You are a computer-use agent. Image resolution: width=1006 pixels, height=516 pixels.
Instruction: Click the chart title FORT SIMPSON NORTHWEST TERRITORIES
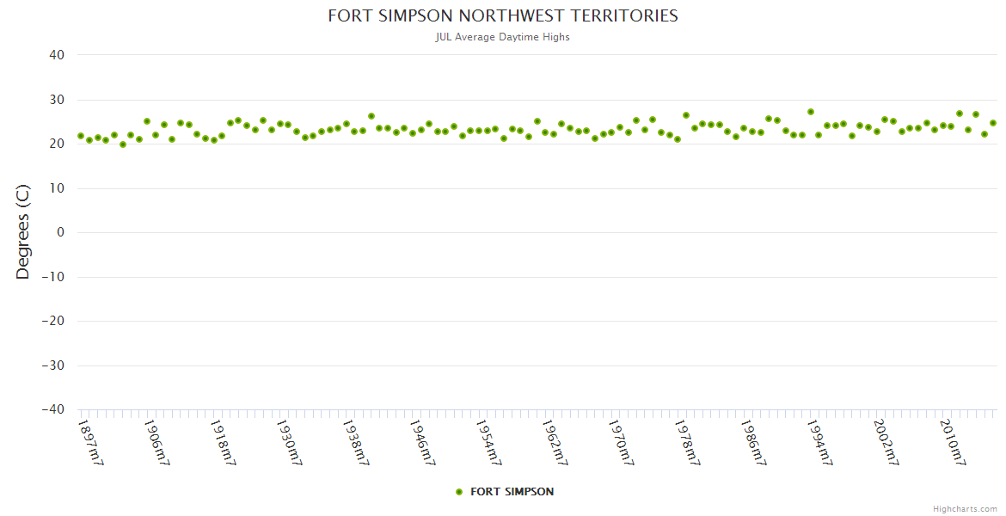click(x=503, y=16)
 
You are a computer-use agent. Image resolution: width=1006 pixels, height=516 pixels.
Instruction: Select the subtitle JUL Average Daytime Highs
click(x=503, y=37)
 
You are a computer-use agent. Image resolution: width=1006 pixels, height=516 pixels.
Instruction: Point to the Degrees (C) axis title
click(x=23, y=232)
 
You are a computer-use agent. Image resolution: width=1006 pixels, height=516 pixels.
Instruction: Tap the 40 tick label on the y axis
click(x=57, y=55)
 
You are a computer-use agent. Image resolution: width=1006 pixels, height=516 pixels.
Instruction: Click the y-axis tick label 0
click(x=61, y=232)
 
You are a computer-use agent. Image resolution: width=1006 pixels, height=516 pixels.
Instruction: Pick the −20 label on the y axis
click(x=53, y=321)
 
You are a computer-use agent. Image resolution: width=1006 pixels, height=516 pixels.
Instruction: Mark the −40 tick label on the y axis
click(x=53, y=409)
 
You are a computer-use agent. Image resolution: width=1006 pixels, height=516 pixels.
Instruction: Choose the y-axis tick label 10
click(x=57, y=188)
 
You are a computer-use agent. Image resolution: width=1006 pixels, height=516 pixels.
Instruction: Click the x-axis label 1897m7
click(x=90, y=442)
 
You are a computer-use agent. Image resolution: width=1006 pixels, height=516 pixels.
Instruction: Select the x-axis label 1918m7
click(x=223, y=442)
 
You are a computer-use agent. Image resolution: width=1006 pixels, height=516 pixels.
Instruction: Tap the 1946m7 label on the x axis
click(x=422, y=442)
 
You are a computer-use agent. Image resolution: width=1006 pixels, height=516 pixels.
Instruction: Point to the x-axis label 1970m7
click(x=621, y=442)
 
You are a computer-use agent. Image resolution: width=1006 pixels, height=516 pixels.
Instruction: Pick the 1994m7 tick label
click(x=819, y=442)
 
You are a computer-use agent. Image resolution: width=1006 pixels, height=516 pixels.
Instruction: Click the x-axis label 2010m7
click(x=952, y=442)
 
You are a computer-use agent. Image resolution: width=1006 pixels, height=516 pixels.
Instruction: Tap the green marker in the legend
click(x=459, y=492)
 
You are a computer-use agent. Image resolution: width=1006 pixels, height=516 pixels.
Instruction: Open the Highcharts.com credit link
click(x=965, y=508)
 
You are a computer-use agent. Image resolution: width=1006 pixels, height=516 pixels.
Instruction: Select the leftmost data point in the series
click(x=81, y=136)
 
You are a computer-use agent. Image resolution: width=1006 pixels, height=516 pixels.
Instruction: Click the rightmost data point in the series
click(x=992, y=123)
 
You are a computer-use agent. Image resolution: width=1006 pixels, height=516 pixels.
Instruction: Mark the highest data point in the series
click(x=811, y=112)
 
